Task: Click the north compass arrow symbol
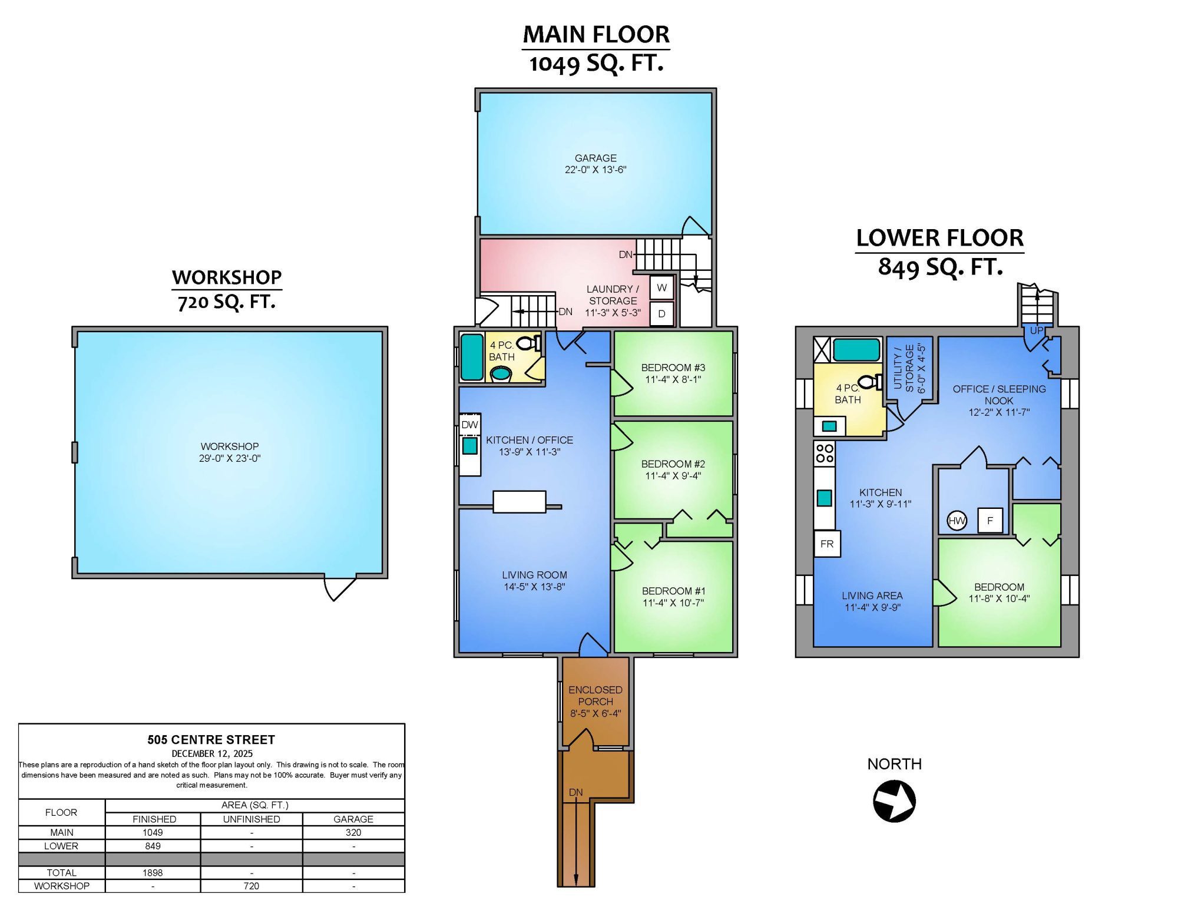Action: [894, 800]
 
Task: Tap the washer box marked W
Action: [662, 287]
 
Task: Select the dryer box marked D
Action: [662, 313]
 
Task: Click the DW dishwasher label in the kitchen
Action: [469, 425]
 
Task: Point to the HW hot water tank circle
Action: [957, 521]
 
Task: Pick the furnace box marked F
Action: [990, 521]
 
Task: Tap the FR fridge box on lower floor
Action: [827, 544]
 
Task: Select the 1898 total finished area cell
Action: [153, 872]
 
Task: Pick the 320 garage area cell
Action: [353, 832]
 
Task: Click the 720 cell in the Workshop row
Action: [252, 886]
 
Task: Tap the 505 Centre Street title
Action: [211, 740]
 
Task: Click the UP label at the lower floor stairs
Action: [1036, 330]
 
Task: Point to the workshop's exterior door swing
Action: [340, 588]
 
